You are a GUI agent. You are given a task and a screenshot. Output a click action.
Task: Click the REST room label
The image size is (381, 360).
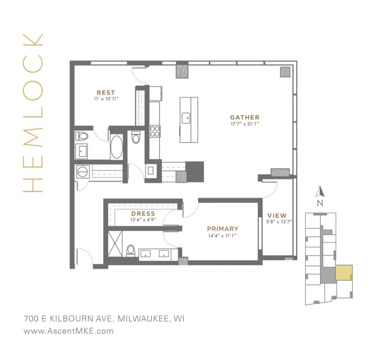pyautogui.click(x=106, y=92)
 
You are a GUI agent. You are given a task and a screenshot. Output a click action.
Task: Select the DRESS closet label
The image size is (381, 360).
pyautogui.click(x=143, y=214)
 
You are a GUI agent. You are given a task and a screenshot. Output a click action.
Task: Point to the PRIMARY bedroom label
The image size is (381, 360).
pyautogui.click(x=222, y=229)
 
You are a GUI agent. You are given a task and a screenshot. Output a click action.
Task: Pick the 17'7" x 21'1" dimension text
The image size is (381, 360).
pyautogui.click(x=244, y=123)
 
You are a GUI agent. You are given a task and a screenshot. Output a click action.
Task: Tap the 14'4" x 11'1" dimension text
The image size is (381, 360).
pyautogui.click(x=222, y=236)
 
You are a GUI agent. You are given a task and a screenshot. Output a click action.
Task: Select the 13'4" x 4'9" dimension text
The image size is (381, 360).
pyautogui.click(x=143, y=220)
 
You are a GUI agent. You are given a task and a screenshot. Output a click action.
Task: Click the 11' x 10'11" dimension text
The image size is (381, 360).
pyautogui.click(x=106, y=99)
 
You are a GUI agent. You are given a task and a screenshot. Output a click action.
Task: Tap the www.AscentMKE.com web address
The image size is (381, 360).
pyautogui.click(x=69, y=331)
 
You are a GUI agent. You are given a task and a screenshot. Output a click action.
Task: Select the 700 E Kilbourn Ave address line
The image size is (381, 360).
pyautogui.click(x=104, y=319)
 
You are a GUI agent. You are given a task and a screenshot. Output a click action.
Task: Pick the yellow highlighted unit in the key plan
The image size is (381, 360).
pyautogui.click(x=345, y=273)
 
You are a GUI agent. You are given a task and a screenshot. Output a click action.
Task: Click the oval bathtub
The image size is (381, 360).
pyautogui.click(x=117, y=147)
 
